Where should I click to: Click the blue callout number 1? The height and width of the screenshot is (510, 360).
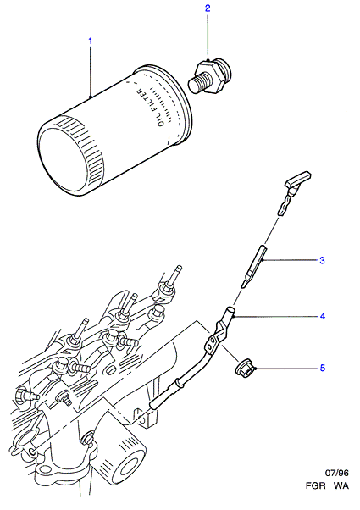pyautogui.click(x=91, y=41)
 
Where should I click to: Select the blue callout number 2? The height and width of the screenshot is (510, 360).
pyautogui.click(x=208, y=8)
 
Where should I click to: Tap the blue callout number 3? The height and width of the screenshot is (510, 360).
pyautogui.click(x=322, y=260)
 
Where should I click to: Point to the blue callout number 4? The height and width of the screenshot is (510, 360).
pyautogui.click(x=322, y=316)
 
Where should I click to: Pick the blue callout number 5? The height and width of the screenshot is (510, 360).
pyautogui.click(x=322, y=368)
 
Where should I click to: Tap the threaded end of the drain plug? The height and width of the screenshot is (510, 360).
pyautogui.click(x=196, y=83)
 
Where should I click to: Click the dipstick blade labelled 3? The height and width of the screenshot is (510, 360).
pyautogui.click(x=255, y=266)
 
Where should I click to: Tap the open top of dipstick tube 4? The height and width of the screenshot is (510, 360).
pyautogui.click(x=230, y=309)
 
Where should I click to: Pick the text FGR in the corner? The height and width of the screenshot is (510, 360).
pyautogui.click(x=315, y=485)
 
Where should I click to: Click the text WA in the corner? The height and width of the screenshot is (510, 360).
pyautogui.click(x=341, y=485)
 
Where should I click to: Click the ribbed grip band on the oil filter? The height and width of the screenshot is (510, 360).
pyautogui.click(x=86, y=147)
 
